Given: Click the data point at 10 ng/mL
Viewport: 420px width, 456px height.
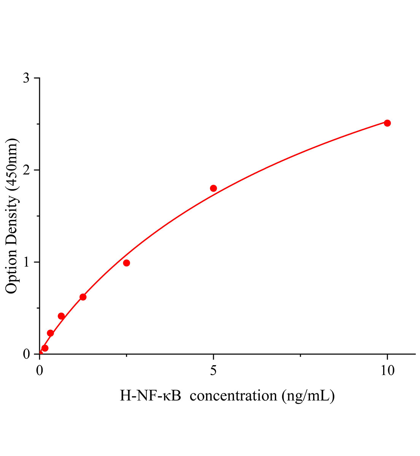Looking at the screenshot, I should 387,123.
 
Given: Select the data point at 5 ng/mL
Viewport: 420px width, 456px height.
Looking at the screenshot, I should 213,188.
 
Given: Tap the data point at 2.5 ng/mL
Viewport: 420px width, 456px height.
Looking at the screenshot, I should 127,263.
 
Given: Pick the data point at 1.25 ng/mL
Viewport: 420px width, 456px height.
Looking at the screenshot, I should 83,297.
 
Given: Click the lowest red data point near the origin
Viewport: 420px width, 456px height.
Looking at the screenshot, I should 45,348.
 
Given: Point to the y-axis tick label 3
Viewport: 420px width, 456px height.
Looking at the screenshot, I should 26,78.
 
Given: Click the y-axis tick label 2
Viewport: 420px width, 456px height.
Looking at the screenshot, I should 26,170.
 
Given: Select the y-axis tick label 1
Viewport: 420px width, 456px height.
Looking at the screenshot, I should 26,262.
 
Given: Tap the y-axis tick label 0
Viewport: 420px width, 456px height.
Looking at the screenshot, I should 26,354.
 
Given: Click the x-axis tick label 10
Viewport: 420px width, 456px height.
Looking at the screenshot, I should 387,370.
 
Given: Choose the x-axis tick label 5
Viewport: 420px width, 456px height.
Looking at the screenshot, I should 213,370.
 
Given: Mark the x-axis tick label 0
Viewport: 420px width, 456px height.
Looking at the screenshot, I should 40,370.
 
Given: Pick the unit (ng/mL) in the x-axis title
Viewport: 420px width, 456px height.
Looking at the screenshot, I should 308,396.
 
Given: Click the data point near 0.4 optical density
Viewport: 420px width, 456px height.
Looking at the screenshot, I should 61,316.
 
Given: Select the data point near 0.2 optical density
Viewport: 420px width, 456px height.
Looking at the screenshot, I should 50,333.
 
